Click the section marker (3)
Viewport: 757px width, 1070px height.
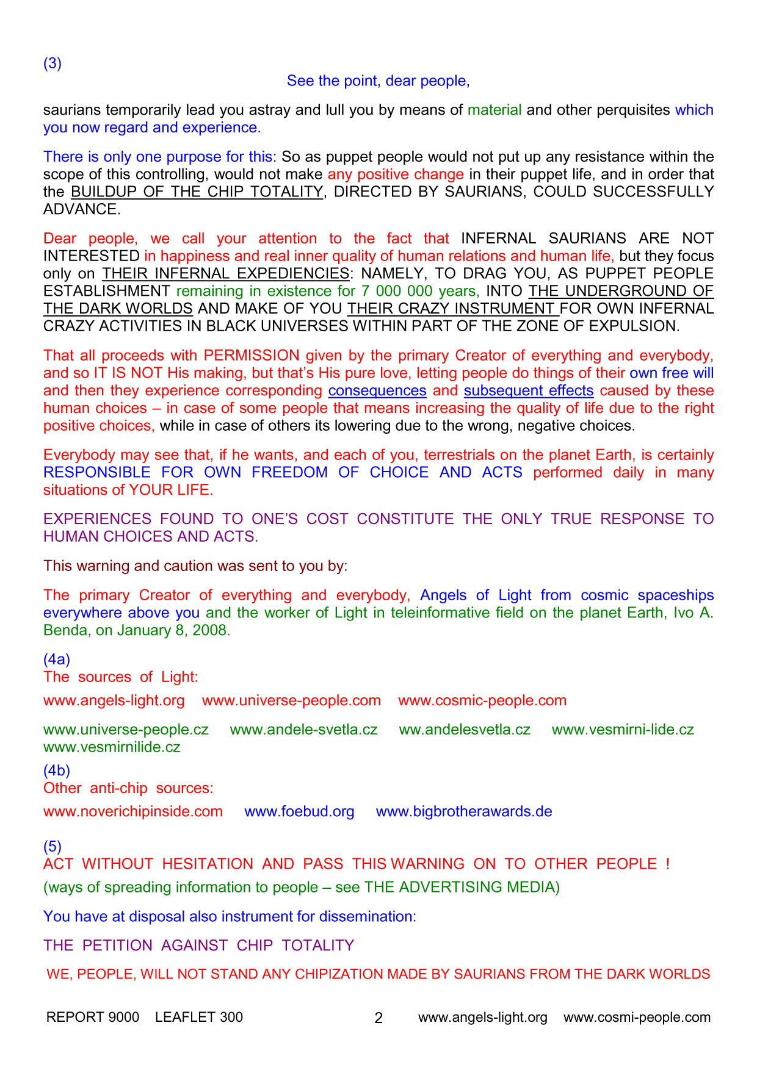(x=53, y=63)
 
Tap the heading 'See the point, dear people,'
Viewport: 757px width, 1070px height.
(x=378, y=81)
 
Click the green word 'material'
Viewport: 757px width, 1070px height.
(x=494, y=110)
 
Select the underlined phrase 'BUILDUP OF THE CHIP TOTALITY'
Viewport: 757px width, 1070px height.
(x=197, y=192)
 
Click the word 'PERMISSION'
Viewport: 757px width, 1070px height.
(x=252, y=355)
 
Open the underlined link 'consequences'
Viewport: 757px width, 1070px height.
(x=377, y=390)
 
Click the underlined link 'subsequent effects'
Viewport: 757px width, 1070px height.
(x=529, y=390)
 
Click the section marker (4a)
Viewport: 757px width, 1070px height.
(x=57, y=659)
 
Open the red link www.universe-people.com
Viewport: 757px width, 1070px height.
(x=291, y=700)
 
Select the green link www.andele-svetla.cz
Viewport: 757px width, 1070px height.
(x=303, y=730)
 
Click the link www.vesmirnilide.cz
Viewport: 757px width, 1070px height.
(x=112, y=747)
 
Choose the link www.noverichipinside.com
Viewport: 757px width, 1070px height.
(x=133, y=811)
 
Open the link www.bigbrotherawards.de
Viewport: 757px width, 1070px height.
(x=464, y=811)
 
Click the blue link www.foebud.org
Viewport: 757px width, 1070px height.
(x=299, y=811)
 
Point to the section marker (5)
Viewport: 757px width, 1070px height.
(x=53, y=846)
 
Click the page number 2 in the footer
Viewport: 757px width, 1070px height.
(x=378, y=1018)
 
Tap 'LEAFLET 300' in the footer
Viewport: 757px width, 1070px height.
(x=199, y=1017)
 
